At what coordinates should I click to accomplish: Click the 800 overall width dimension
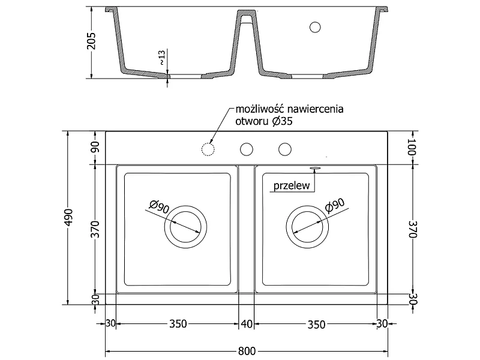coord(247,351)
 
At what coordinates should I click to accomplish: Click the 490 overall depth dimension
coord(70,217)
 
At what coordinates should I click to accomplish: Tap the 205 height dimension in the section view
coord(92,41)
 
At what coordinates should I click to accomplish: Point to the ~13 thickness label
coord(162,58)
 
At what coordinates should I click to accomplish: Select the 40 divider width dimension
coord(247,324)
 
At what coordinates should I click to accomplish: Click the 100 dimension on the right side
coord(412,146)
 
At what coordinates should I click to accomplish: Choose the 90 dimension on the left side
coord(96,147)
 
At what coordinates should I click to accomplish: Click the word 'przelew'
coord(292,185)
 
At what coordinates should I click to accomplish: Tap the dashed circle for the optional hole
coord(208,149)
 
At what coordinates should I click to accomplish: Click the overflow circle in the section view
coord(315,27)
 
